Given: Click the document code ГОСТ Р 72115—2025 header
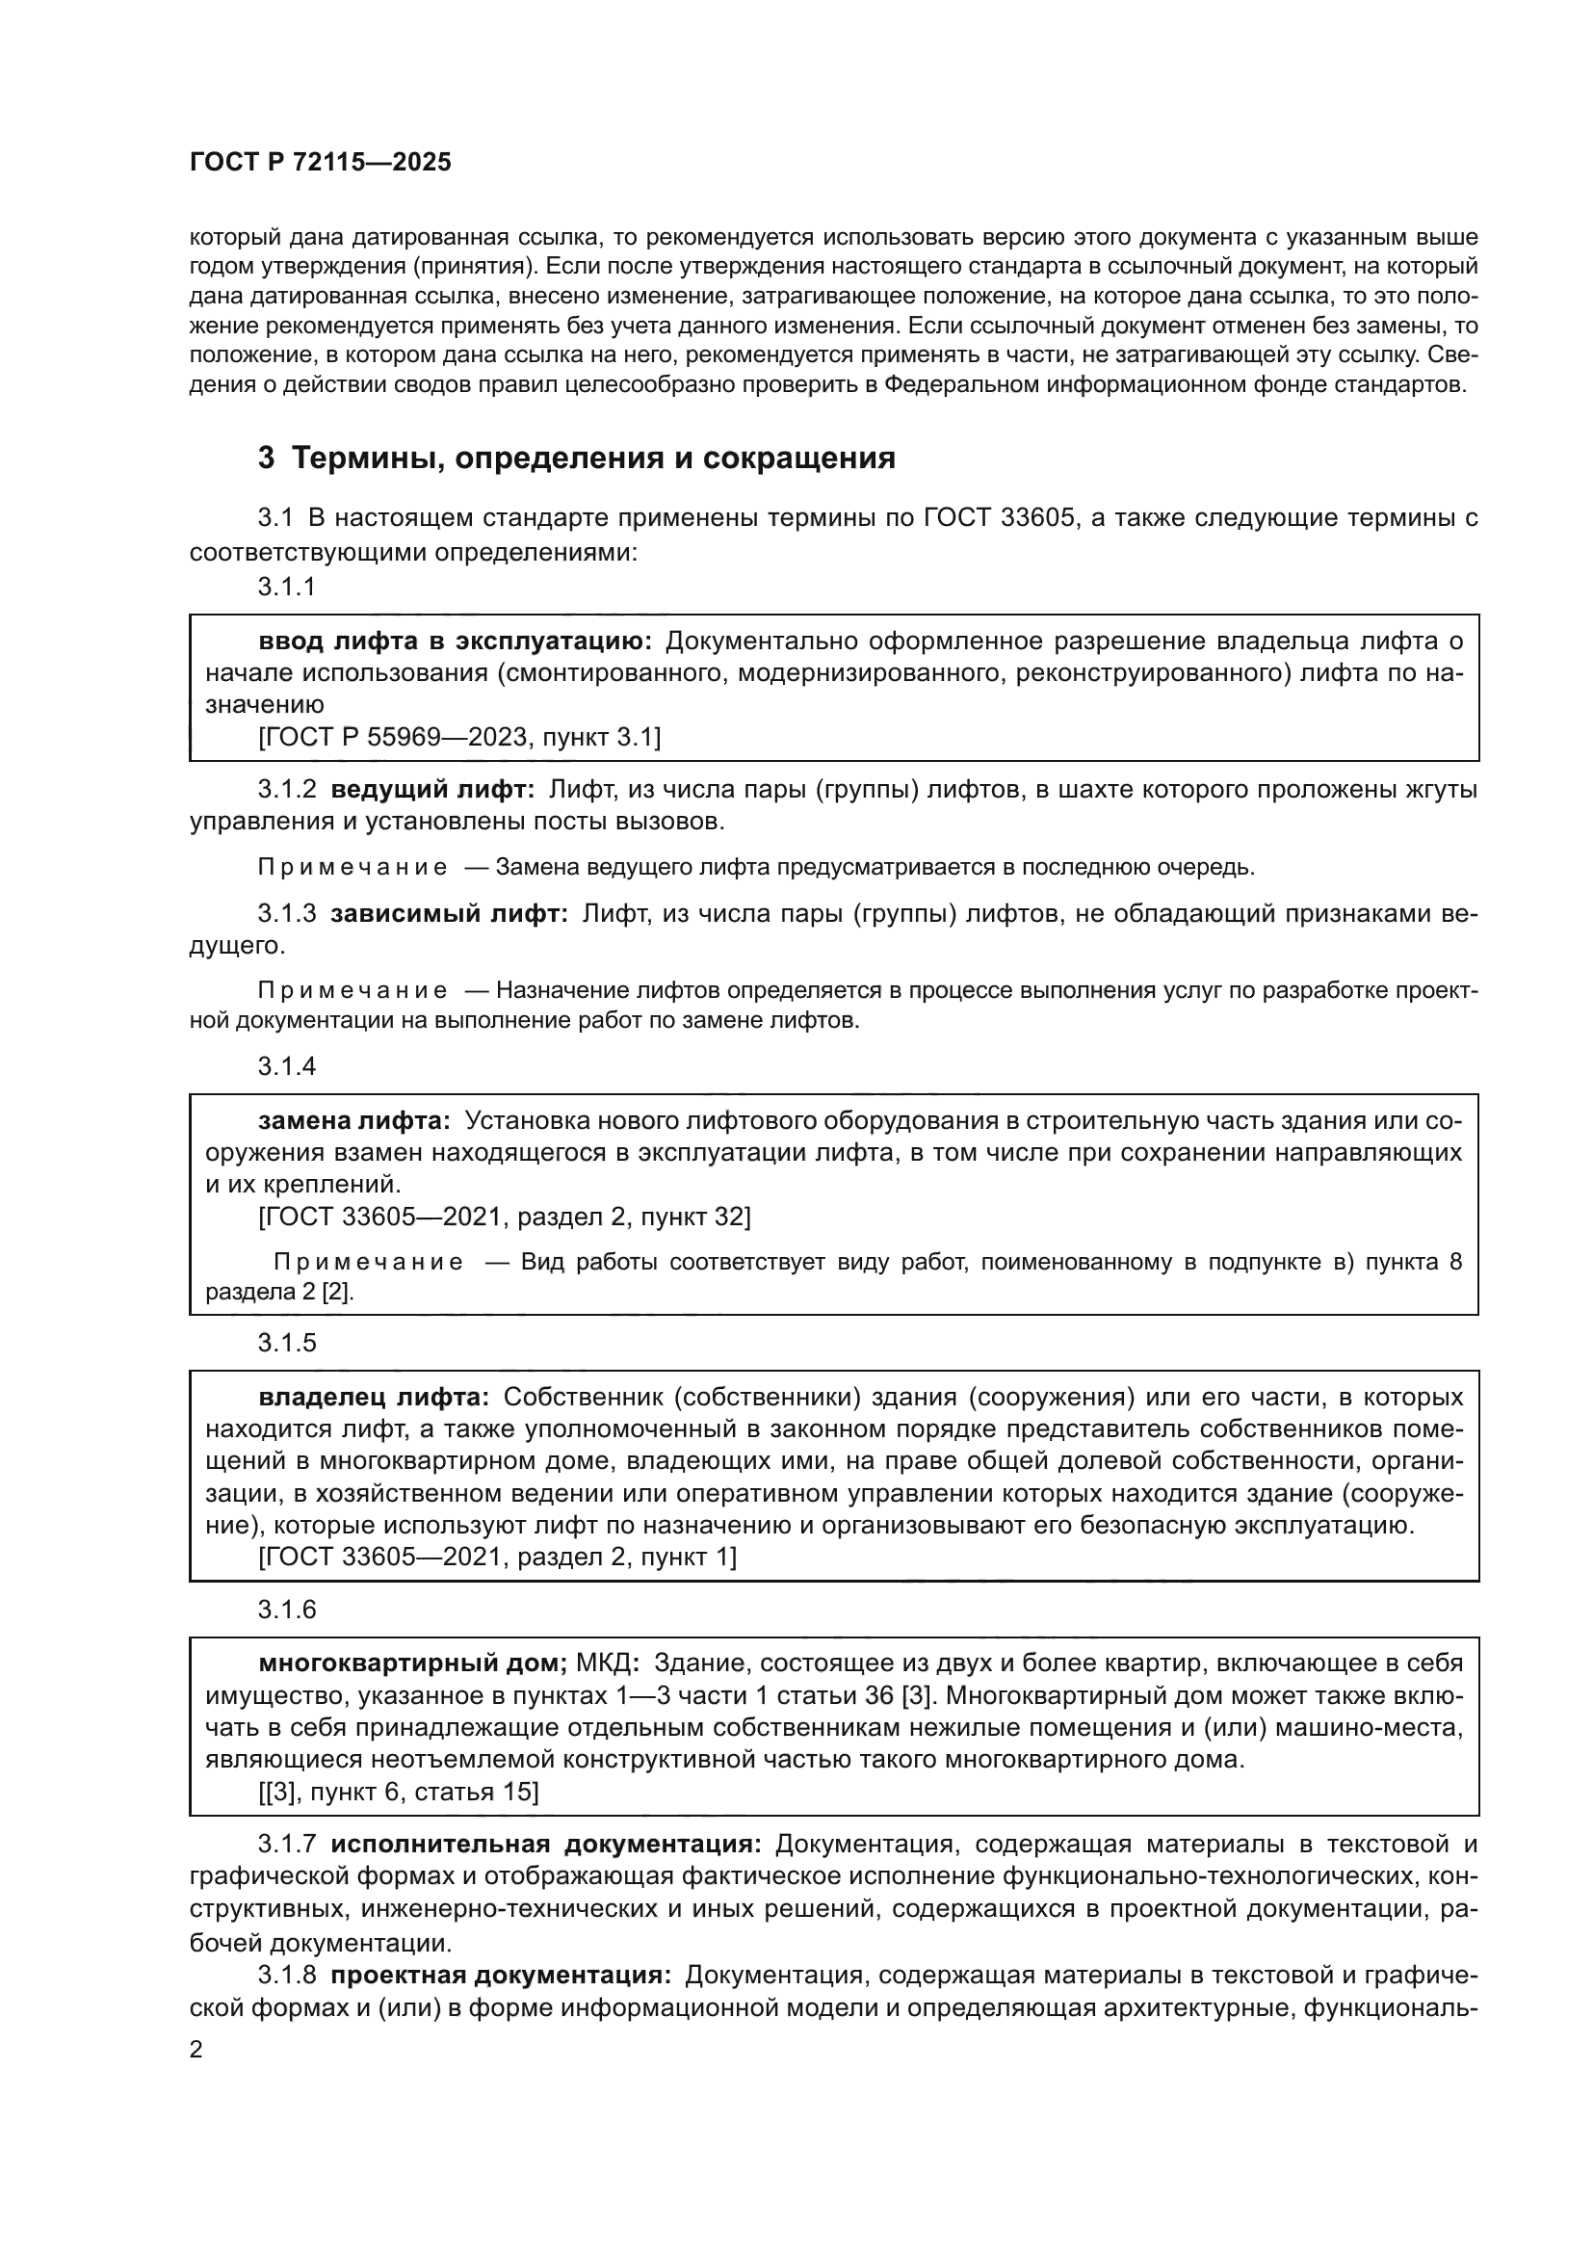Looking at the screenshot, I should pos(320,162).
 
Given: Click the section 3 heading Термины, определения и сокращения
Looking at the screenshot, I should pos(576,458).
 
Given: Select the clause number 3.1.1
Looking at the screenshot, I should pos(286,587).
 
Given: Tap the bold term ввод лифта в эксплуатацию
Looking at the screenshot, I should pos(456,641).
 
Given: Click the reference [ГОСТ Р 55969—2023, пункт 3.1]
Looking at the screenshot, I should pos(459,737).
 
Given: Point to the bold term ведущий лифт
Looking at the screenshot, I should pos(432,789).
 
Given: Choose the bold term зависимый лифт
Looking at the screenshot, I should pos(448,913).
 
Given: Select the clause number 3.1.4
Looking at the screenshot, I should pos(286,1066).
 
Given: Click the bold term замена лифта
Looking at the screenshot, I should pos(354,1120).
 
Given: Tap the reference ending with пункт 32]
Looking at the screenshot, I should pos(504,1217).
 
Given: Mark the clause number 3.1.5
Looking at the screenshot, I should pos(286,1344).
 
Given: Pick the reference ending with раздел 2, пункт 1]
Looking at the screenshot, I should pos(497,1557).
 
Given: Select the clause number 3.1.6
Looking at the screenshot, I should pos(286,1611).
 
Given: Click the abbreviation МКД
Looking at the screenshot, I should pos(606,1664).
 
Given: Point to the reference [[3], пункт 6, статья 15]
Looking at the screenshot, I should pos(399,1792).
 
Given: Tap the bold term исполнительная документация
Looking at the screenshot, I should pos(545,1844).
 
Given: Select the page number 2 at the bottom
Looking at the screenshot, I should pos(196,2049).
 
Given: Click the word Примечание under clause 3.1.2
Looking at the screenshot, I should pos(353,868).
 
